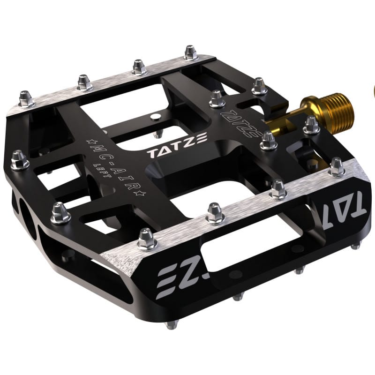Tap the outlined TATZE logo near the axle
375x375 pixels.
240,122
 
